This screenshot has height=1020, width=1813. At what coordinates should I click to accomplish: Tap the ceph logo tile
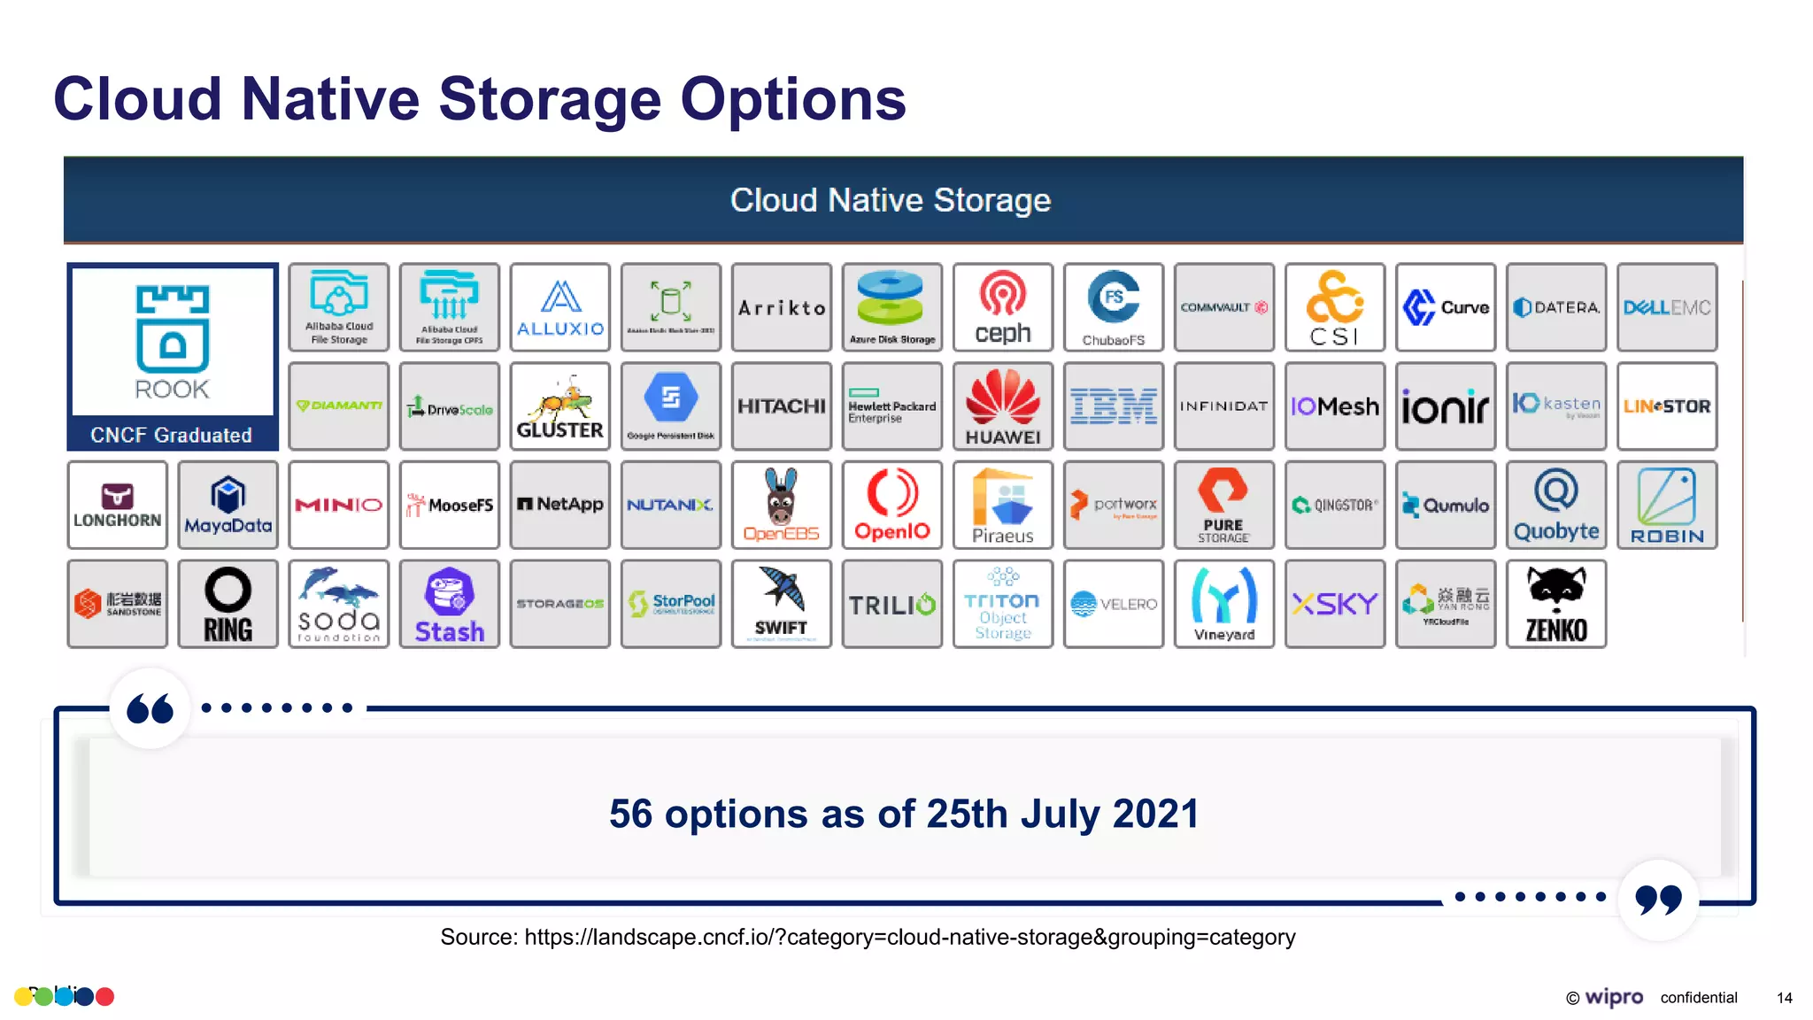click(1003, 307)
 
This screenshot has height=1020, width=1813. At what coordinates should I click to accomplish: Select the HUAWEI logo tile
click(1003, 406)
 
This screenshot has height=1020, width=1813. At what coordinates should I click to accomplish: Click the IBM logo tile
click(1114, 406)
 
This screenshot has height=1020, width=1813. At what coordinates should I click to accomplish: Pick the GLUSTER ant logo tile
click(559, 406)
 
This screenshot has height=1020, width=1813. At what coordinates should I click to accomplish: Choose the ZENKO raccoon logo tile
click(1556, 605)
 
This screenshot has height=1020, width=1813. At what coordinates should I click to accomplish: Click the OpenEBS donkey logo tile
click(781, 505)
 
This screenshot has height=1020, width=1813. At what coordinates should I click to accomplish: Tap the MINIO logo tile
click(339, 505)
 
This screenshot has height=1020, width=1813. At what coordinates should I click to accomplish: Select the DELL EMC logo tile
click(1667, 307)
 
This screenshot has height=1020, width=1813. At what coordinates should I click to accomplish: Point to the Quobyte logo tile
click(1556, 505)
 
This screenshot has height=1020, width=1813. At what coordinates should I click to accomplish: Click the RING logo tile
click(228, 605)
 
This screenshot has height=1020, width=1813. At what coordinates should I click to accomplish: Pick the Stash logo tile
click(450, 605)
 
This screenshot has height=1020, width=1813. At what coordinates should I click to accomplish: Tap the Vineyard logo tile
click(1224, 605)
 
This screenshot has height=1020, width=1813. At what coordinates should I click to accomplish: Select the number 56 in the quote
click(630, 814)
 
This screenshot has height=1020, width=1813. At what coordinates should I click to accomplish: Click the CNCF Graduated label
click(172, 435)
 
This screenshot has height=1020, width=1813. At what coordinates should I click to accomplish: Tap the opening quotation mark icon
click(150, 708)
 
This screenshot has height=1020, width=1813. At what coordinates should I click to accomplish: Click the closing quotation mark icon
click(1658, 899)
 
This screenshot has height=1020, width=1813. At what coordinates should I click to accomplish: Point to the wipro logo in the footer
click(1613, 997)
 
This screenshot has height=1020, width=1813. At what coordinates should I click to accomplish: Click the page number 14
click(1784, 998)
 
